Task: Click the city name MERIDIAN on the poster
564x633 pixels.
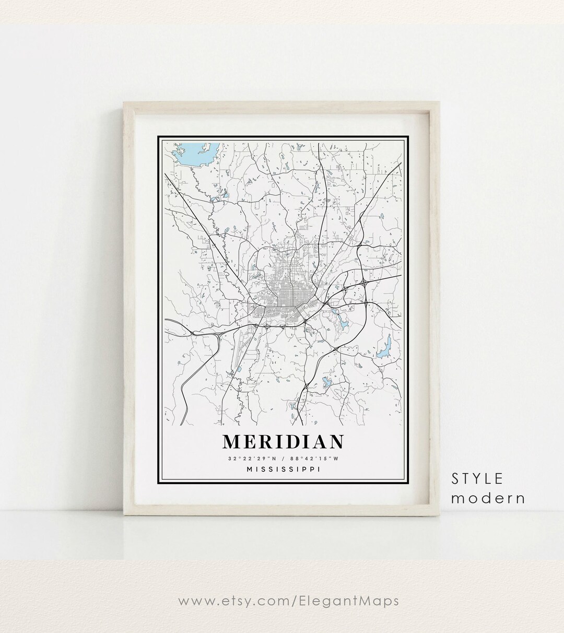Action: coord(283,441)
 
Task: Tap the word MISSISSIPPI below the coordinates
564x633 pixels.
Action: coord(283,469)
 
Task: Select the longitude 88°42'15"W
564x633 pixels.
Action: coord(317,459)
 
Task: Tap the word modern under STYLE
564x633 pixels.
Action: coord(488,498)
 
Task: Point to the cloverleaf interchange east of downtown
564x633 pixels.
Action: coord(362,283)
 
